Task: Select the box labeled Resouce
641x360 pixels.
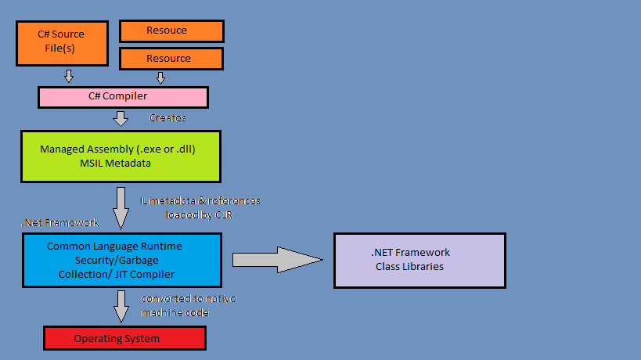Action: (171, 31)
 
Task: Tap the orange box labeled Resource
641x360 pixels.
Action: (171, 59)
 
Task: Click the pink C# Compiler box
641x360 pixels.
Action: (123, 97)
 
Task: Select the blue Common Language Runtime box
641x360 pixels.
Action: (121, 260)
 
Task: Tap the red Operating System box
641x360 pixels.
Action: (124, 338)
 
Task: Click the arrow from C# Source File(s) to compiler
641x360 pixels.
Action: (69, 76)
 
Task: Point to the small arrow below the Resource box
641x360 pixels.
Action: (160, 77)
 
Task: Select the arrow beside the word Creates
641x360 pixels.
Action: (121, 118)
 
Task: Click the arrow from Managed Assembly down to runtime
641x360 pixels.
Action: (121, 207)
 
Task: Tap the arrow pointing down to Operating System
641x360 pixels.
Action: (121, 306)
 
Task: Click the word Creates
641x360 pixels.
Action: (167, 117)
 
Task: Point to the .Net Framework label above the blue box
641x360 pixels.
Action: (59, 223)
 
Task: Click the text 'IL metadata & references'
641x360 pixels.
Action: (200, 200)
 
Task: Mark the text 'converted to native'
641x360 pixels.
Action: (188, 299)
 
